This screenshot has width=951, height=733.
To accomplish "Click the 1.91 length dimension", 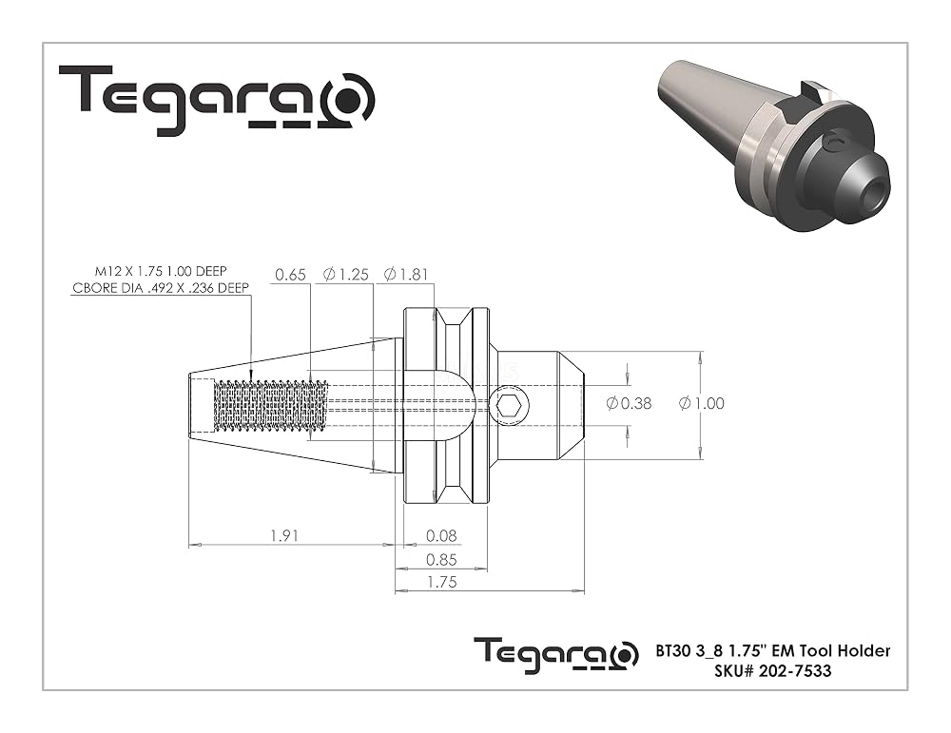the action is tap(283, 536).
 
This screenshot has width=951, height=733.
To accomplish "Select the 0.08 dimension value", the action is tap(441, 536).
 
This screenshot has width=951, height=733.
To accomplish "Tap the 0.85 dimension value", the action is tap(441, 560).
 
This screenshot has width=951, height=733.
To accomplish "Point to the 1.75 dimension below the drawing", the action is tap(441, 582).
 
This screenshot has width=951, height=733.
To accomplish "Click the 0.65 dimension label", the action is tap(290, 275).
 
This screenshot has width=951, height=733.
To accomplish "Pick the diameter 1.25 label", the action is tap(346, 275).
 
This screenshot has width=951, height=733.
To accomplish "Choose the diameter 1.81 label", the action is tap(406, 275).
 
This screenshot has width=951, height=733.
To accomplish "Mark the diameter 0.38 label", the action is tap(629, 403).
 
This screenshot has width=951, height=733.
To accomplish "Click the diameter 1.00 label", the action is tap(701, 403).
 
